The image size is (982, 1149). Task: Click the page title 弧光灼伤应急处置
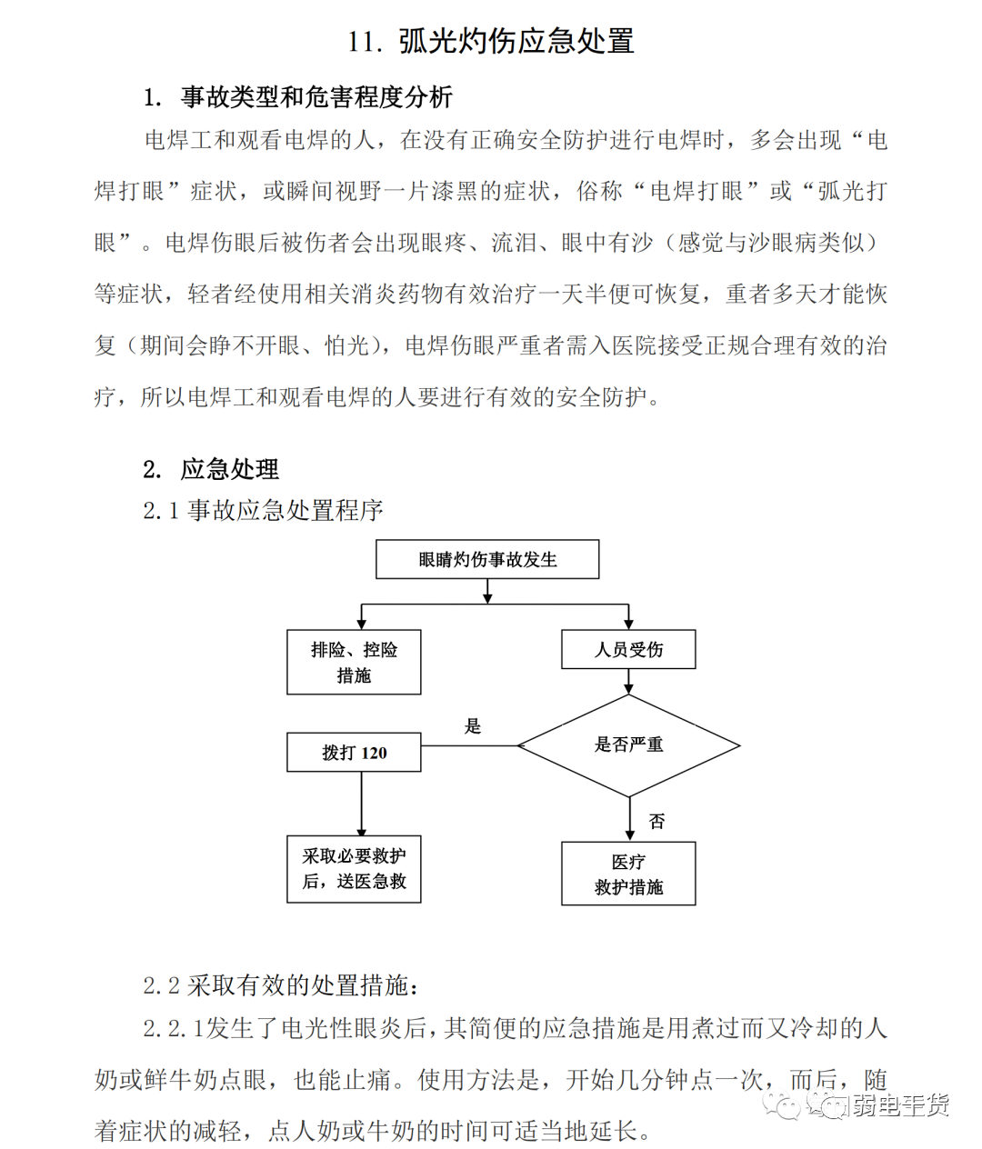click(x=516, y=41)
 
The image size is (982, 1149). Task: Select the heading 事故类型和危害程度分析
click(x=316, y=97)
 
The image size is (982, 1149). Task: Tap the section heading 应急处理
click(x=230, y=469)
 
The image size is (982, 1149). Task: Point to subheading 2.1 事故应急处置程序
click(x=263, y=510)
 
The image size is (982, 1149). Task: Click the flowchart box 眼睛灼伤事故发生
click(x=487, y=559)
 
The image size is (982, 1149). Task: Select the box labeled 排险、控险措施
click(x=354, y=662)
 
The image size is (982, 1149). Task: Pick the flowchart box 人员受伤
click(x=628, y=649)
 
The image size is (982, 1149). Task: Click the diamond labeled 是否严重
click(x=628, y=745)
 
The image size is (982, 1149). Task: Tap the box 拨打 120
click(x=354, y=752)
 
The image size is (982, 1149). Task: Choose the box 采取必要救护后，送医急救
click(x=354, y=869)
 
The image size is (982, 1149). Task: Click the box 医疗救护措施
click(x=628, y=874)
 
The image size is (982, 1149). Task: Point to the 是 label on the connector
click(x=473, y=725)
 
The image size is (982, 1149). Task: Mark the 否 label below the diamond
click(x=656, y=821)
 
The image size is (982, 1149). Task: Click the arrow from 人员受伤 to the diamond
click(x=628, y=682)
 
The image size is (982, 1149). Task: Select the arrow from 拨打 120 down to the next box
click(x=362, y=804)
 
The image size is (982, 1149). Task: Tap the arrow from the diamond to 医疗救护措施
click(x=629, y=819)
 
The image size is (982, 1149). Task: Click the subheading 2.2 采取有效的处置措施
click(x=281, y=985)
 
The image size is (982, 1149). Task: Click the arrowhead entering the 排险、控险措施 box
click(x=362, y=624)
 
